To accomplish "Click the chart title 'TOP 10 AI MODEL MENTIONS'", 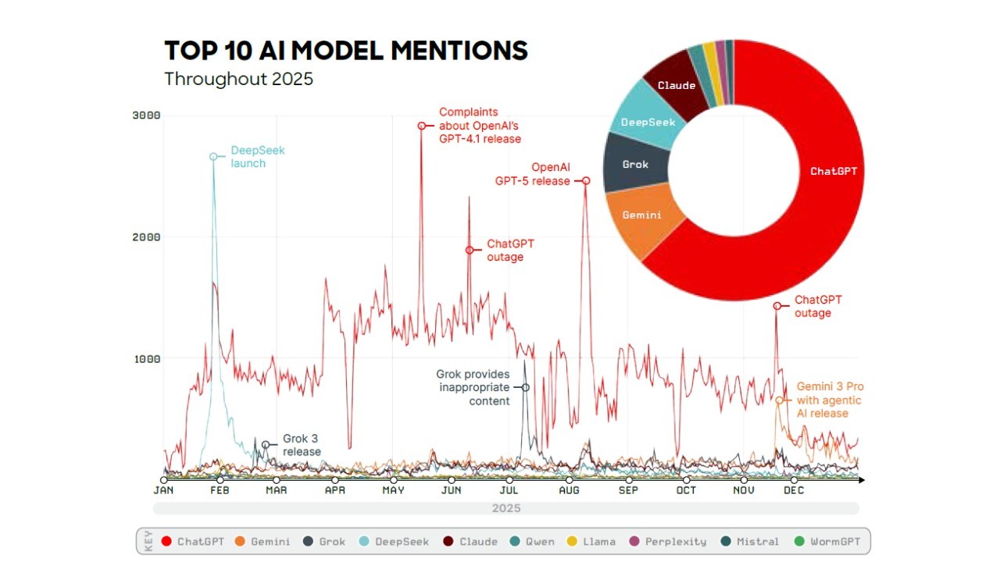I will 346,51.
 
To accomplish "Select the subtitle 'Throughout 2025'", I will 238,79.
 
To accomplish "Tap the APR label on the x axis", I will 334,490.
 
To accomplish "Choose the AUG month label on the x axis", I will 569,490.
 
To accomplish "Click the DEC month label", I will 794,490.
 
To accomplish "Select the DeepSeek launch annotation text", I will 258,157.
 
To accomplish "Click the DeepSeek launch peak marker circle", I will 213,157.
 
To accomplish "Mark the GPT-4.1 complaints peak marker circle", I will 421,126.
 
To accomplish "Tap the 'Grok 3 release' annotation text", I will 302,445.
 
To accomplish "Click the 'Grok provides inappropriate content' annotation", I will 473,387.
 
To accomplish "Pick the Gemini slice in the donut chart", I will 642,215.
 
